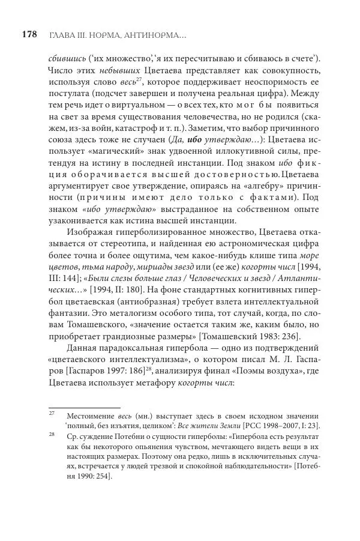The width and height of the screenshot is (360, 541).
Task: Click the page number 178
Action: [29, 35]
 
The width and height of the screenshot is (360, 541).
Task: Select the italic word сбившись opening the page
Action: [65, 58]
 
